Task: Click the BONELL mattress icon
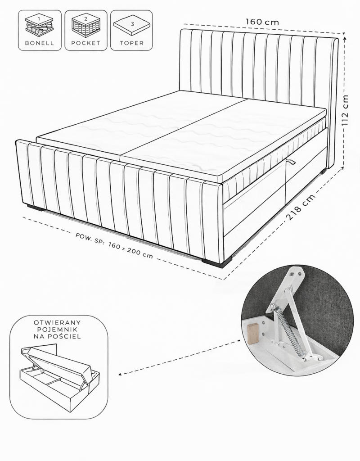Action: tap(40, 27)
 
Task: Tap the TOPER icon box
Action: tap(131, 30)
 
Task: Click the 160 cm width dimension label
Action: tap(262, 22)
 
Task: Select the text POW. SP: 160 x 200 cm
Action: tap(114, 245)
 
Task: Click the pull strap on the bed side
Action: tap(292, 162)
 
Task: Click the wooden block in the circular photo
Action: tap(253, 333)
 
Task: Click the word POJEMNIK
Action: tap(57, 330)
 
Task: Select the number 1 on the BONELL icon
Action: tap(40, 18)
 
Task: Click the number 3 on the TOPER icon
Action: tap(132, 24)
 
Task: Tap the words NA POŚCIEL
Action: tap(57, 336)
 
